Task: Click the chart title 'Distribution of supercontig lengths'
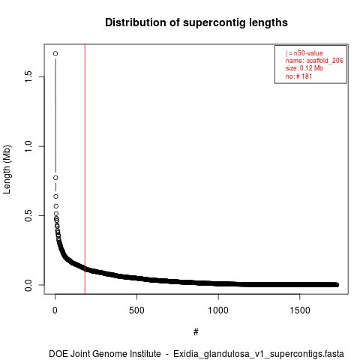196,22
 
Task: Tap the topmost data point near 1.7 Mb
55,53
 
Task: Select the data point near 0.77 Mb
55,178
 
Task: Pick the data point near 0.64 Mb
55,196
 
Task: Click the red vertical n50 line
85,169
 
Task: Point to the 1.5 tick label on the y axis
28,76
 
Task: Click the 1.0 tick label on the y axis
28,146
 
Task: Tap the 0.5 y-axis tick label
28,215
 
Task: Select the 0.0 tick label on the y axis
28,285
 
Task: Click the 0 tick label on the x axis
55,310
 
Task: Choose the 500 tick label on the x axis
136,310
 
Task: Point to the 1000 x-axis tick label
218,310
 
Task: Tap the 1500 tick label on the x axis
300,310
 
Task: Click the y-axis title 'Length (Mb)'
7,169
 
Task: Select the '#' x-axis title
196,332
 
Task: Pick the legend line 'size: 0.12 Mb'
304,68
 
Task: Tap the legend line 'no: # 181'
298,76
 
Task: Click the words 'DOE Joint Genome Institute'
105,354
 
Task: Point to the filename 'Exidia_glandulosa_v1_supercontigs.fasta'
259,354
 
